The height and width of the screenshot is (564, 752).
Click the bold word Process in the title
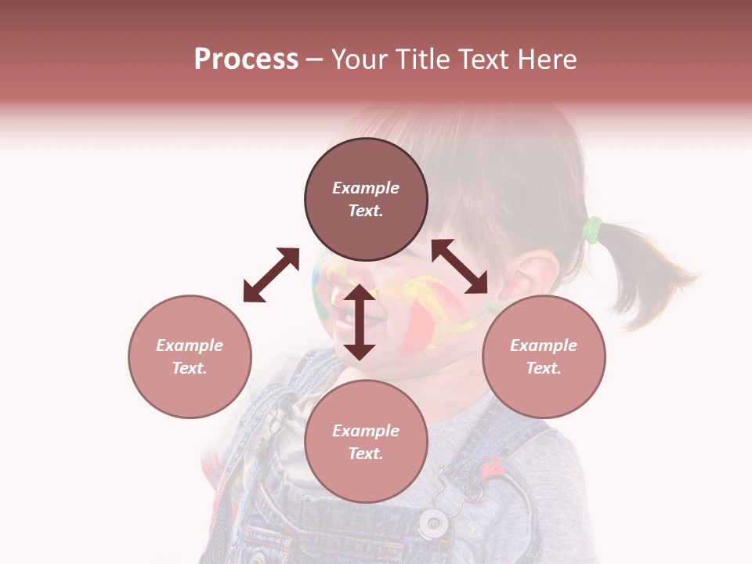tap(246, 60)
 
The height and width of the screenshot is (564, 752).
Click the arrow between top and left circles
tap(271, 275)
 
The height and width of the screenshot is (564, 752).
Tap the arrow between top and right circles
tap(460, 266)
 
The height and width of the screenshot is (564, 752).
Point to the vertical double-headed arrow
tap(360, 322)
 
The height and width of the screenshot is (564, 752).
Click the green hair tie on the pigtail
tap(592, 230)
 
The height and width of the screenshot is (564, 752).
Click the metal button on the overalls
tap(431, 522)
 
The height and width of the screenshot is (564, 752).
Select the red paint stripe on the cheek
tap(423, 325)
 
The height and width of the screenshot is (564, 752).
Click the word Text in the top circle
tap(366, 211)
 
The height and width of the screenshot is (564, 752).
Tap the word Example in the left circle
tap(190, 345)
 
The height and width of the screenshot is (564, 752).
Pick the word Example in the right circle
tap(544, 345)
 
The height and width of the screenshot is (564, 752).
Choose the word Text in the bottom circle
tap(366, 454)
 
